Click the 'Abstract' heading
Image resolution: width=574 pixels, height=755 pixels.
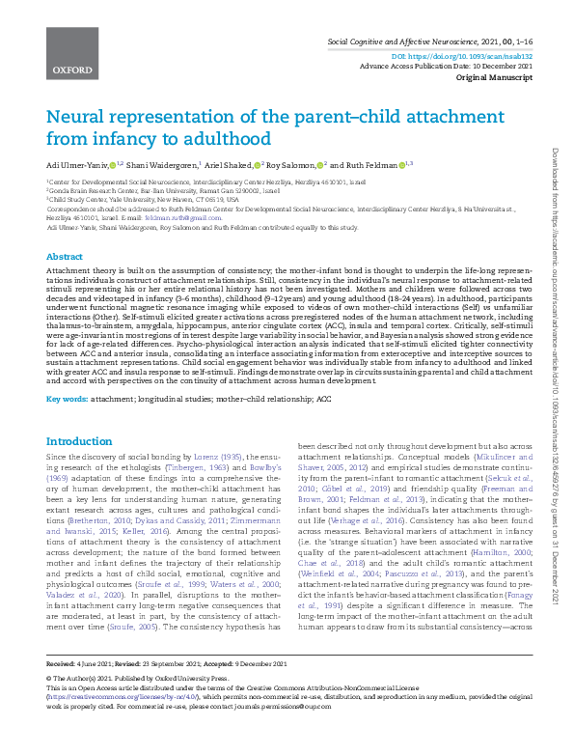[x=65, y=258]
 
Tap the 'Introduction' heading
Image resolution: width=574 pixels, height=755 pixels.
[x=79, y=441]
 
